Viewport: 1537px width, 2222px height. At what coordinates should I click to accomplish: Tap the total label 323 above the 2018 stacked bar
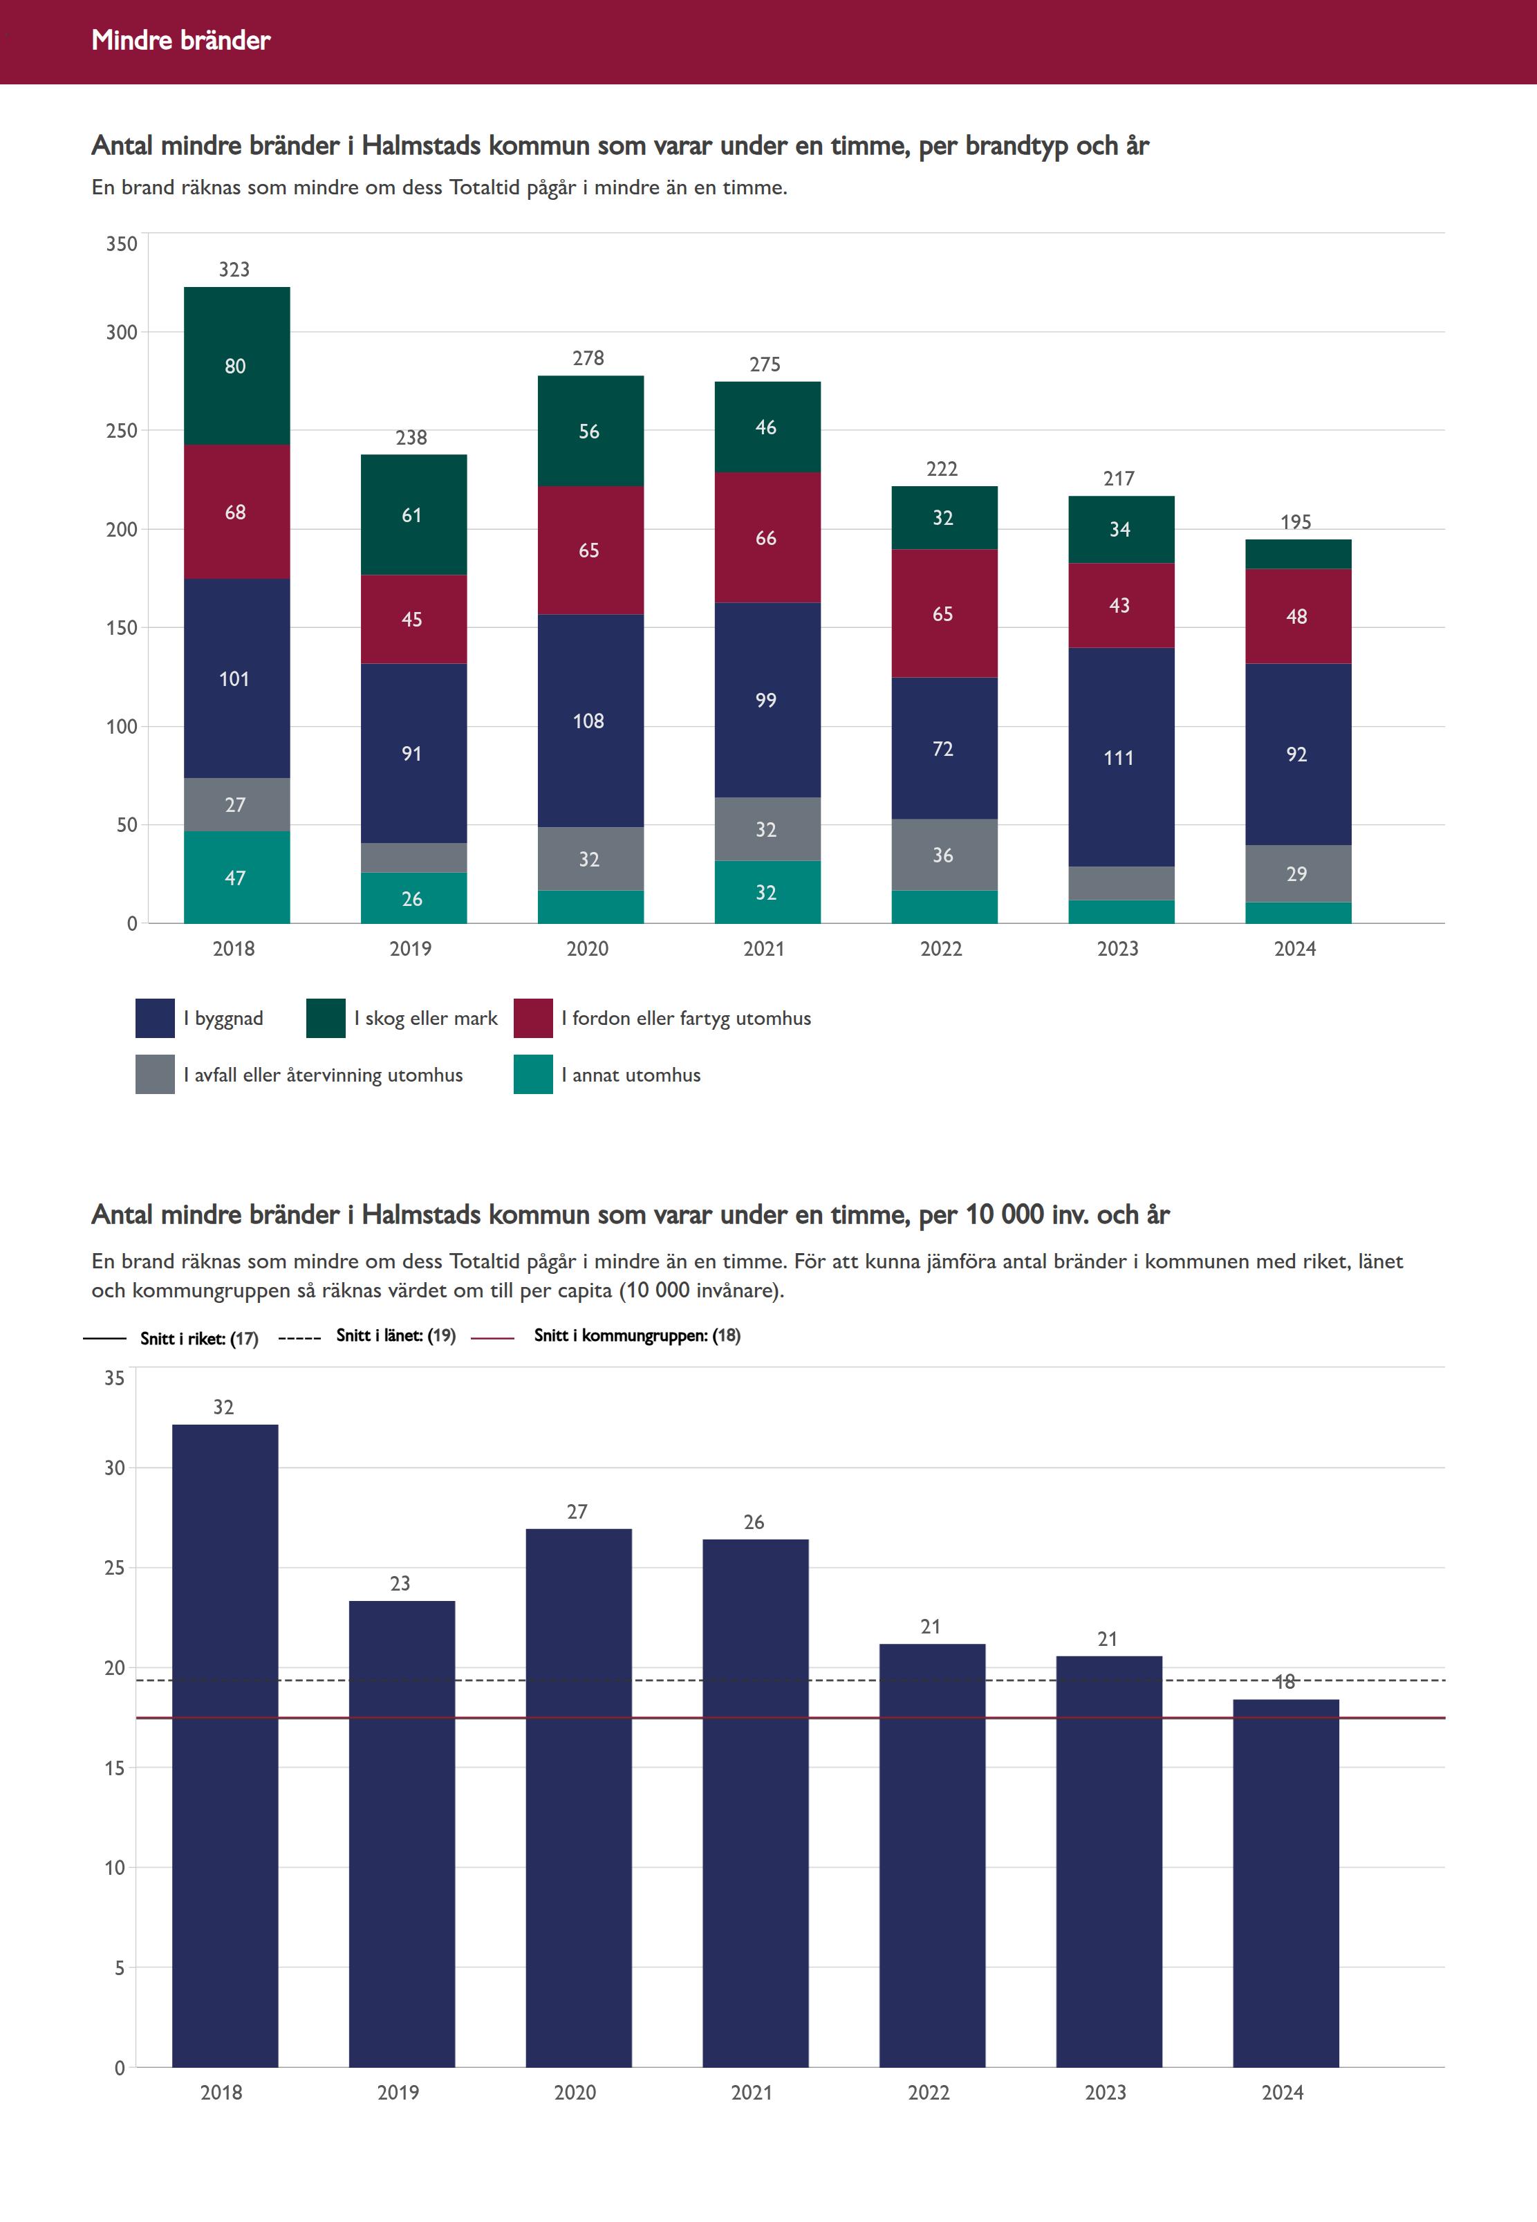click(x=234, y=270)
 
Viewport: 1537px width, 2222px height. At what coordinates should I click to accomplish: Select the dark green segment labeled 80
click(x=236, y=366)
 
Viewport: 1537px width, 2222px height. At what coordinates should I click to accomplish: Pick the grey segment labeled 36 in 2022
click(x=943, y=855)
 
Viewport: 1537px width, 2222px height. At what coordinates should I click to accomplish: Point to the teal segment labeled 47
click(x=236, y=878)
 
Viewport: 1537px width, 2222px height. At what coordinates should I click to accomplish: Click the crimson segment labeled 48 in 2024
click(x=1297, y=616)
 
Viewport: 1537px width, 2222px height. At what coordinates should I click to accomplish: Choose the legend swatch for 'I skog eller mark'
click(x=326, y=1018)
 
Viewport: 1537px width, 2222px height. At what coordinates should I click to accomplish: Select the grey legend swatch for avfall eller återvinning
click(x=155, y=1075)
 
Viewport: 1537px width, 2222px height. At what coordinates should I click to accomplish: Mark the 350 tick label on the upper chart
click(x=122, y=243)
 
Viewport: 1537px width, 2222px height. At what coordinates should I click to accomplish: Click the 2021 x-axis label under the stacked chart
click(x=764, y=949)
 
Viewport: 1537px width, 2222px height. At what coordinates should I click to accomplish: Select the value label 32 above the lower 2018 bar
click(x=223, y=1407)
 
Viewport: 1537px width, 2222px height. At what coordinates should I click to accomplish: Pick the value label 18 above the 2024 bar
click(x=1285, y=1682)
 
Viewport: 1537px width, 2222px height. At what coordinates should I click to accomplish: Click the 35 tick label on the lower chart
click(x=115, y=1378)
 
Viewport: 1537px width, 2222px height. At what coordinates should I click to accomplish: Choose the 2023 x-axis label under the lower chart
click(x=1106, y=2092)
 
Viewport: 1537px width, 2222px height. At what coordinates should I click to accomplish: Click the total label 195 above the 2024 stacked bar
click(x=1295, y=522)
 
